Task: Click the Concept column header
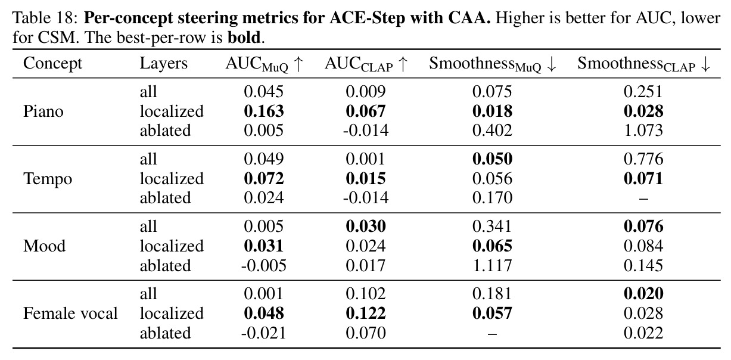[52, 64]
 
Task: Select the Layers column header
[163, 64]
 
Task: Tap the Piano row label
[43, 111]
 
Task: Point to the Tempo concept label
[48, 179]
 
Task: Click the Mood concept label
[44, 246]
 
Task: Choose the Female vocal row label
[70, 314]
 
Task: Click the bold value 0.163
[264, 111]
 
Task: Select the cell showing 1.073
[643, 131]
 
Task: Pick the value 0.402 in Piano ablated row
[492, 131]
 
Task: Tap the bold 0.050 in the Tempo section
[492, 159]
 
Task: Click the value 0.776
[643, 159]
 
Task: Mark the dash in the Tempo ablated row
[643, 198]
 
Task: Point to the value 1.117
[492, 266]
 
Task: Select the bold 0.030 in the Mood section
[366, 226]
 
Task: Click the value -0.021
[264, 333]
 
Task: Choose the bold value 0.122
[366, 314]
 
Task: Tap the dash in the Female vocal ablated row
[492, 334]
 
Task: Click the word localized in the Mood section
[172, 246]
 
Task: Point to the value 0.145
[643, 266]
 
